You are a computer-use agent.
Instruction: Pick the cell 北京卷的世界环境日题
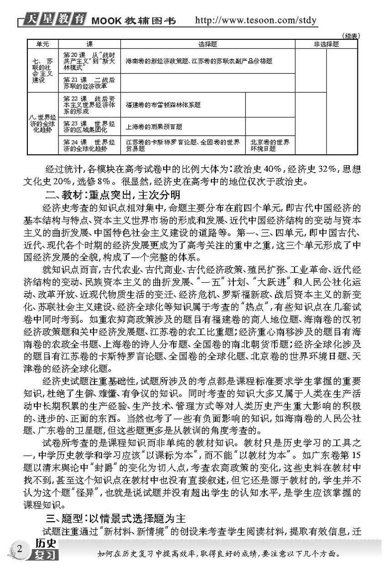(269, 145)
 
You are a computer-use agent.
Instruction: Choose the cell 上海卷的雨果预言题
(154, 127)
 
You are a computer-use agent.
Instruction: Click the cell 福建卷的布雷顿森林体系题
(163, 105)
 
